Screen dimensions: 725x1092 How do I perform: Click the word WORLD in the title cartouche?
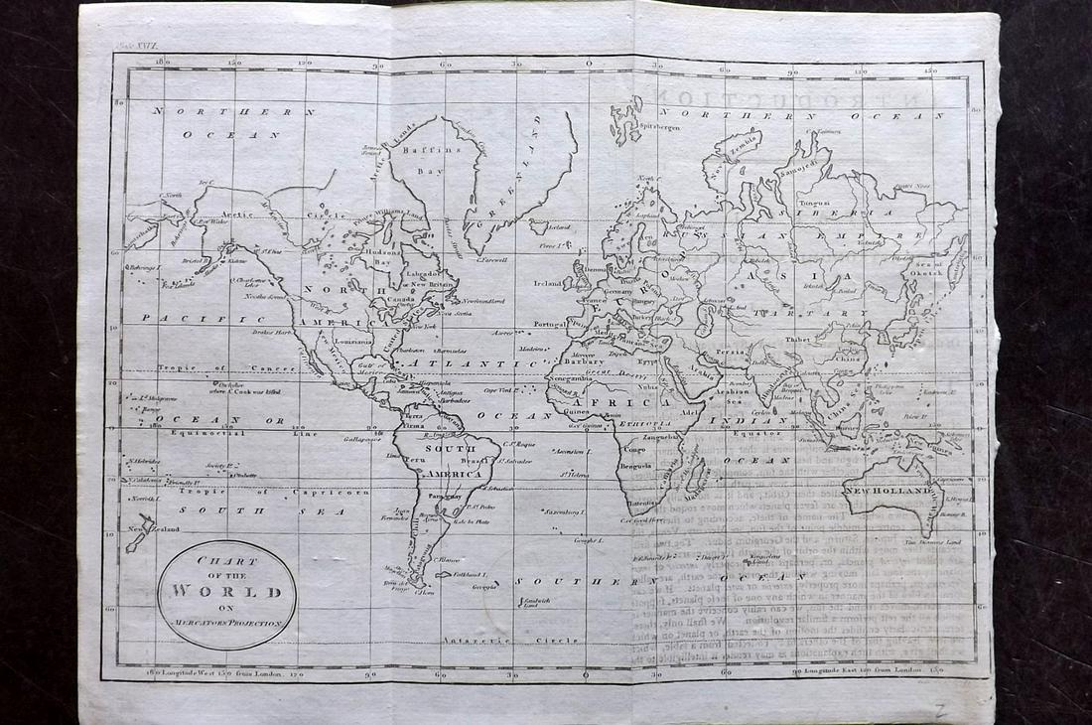pos(228,593)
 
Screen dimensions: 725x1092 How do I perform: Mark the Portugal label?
pos(549,325)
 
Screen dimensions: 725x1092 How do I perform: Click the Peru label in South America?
pos(416,464)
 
